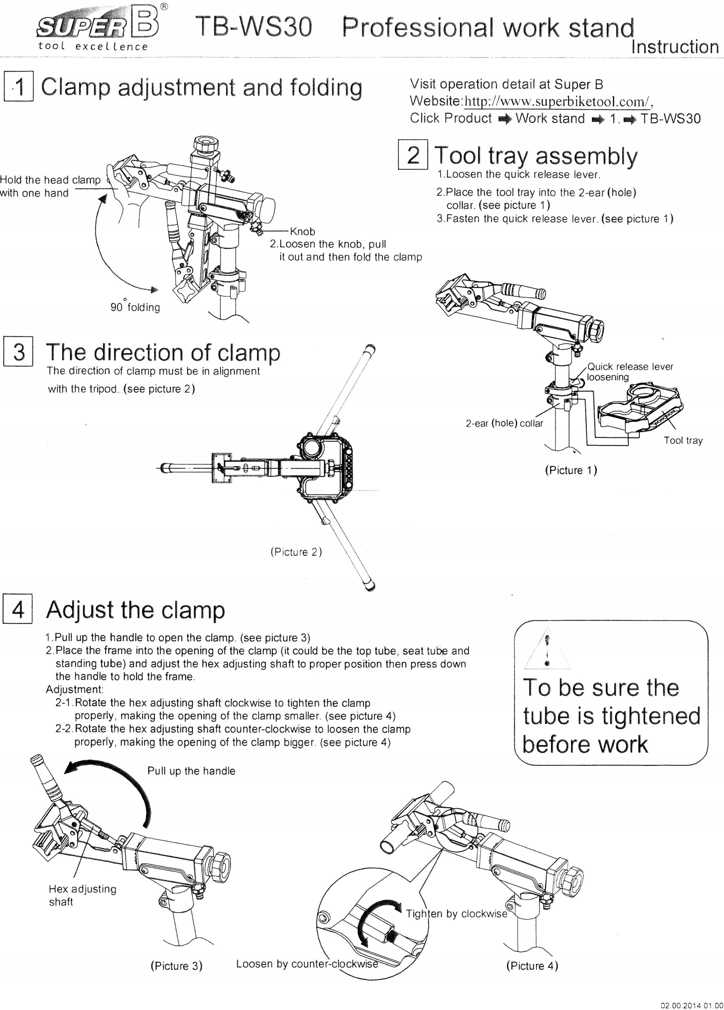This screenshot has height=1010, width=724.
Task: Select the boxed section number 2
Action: click(x=413, y=155)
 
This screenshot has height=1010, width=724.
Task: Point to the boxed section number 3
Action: click(x=18, y=352)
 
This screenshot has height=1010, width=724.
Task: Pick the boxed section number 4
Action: click(x=18, y=608)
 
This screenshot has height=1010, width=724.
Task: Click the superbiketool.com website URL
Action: click(x=557, y=101)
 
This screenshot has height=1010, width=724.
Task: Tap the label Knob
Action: click(x=302, y=232)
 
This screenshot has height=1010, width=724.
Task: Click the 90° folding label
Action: click(x=135, y=307)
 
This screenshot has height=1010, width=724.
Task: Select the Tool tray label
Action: click(x=683, y=440)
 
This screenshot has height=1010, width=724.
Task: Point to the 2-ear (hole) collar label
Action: click(x=504, y=423)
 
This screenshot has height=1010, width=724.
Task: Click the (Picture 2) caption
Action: click(x=296, y=552)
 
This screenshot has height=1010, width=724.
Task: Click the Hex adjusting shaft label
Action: click(x=82, y=895)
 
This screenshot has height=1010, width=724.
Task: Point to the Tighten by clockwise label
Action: click(x=456, y=914)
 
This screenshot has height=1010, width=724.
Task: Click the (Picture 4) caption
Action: click(x=532, y=965)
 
